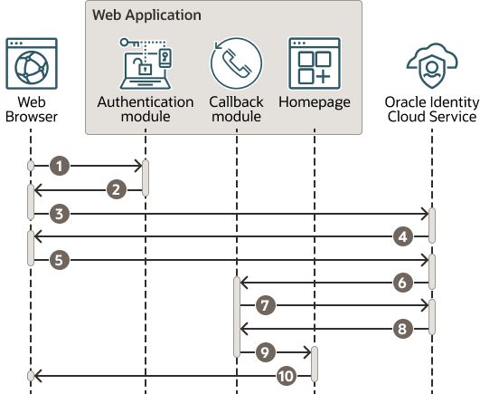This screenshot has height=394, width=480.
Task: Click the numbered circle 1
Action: pyautogui.click(x=60, y=166)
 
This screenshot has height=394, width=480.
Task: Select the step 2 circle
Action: pyautogui.click(x=115, y=189)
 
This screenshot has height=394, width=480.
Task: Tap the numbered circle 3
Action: pyautogui.click(x=60, y=214)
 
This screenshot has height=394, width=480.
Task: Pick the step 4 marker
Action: pyautogui.click(x=403, y=236)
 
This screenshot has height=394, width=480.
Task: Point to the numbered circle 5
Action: pyautogui.click(x=60, y=260)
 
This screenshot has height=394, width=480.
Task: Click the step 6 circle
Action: pyautogui.click(x=403, y=283)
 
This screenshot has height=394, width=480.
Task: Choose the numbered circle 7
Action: pyautogui.click(x=265, y=306)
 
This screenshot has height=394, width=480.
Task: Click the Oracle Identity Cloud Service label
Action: pyautogui.click(x=431, y=109)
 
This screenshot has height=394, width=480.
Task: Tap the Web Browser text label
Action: pyautogui.click(x=29, y=109)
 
